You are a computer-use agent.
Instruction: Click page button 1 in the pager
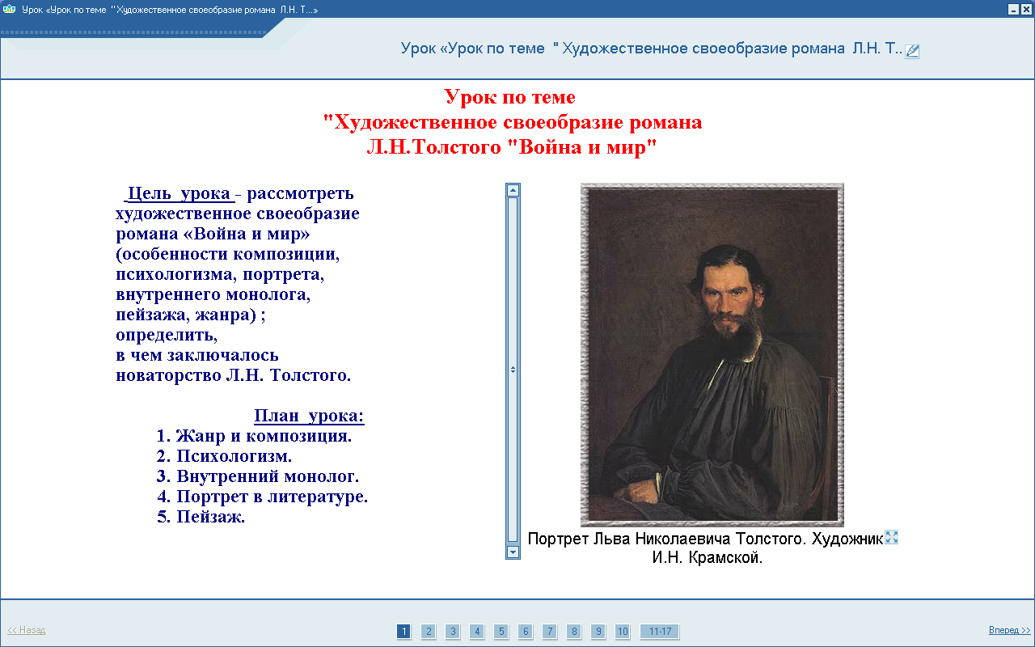click(403, 632)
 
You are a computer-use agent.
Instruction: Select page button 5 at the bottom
click(501, 632)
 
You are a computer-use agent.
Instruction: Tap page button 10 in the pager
click(623, 632)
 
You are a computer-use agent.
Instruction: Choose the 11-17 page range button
click(660, 632)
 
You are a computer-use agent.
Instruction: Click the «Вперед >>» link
click(1009, 630)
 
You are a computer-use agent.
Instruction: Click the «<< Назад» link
click(27, 630)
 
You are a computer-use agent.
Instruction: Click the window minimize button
click(1013, 9)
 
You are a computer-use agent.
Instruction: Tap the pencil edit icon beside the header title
click(912, 51)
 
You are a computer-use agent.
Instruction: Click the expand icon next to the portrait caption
click(891, 537)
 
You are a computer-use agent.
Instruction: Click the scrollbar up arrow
click(513, 190)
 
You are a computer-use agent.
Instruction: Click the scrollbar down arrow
click(513, 552)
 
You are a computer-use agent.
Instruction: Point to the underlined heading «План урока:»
click(309, 416)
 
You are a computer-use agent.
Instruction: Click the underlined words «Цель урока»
click(179, 193)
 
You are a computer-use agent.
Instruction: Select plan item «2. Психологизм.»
click(224, 456)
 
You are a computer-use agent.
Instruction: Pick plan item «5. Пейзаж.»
click(201, 517)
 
